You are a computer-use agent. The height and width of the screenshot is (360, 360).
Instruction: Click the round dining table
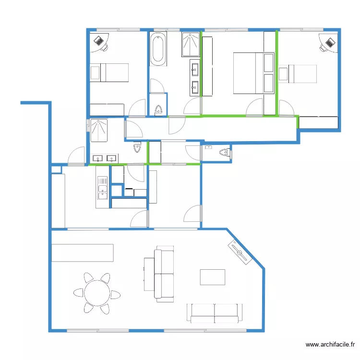point(97,293)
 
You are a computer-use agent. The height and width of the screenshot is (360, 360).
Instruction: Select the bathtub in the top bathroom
point(158,48)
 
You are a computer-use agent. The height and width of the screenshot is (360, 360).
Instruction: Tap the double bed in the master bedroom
point(254,73)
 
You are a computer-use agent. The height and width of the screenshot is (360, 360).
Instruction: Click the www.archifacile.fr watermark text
point(330,344)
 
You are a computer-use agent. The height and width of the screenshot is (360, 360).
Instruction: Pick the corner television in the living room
point(240,252)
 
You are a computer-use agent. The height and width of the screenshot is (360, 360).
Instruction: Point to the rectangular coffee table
point(212,277)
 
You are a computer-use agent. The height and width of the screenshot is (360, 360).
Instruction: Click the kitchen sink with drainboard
point(102,188)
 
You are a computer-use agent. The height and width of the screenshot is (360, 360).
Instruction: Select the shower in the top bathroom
point(191,44)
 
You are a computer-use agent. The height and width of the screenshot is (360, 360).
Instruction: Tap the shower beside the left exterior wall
point(99,130)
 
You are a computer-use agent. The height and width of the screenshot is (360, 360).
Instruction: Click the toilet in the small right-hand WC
point(225,152)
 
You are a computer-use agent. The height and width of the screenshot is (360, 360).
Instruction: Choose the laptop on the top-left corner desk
point(99,41)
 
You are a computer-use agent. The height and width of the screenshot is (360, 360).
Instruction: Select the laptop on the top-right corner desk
point(330,43)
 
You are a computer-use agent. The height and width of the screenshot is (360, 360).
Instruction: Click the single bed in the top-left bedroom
point(109,72)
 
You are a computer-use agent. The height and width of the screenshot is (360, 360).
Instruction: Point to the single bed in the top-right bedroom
point(298,74)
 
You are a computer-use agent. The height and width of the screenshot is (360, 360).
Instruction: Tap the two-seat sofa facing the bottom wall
point(215,313)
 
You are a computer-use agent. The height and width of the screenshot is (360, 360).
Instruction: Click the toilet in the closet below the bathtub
point(158,110)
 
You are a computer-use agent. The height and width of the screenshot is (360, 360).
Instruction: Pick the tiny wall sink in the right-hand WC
point(208,147)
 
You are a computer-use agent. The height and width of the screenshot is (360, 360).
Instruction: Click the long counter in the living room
point(83,253)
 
